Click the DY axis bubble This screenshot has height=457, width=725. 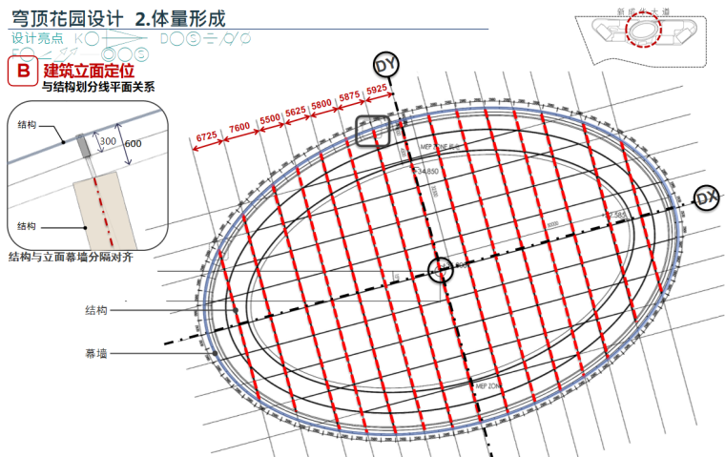click(385, 65)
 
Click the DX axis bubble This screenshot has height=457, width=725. click(706, 197)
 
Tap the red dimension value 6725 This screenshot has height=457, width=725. click(207, 135)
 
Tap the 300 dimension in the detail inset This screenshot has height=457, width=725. click(107, 140)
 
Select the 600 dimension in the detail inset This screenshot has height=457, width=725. click(133, 143)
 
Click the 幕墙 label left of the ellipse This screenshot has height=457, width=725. click(95, 353)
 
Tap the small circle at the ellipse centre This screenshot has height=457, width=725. click(440, 269)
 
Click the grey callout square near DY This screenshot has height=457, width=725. click(373, 132)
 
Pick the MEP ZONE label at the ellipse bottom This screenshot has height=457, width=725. click(487, 384)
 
